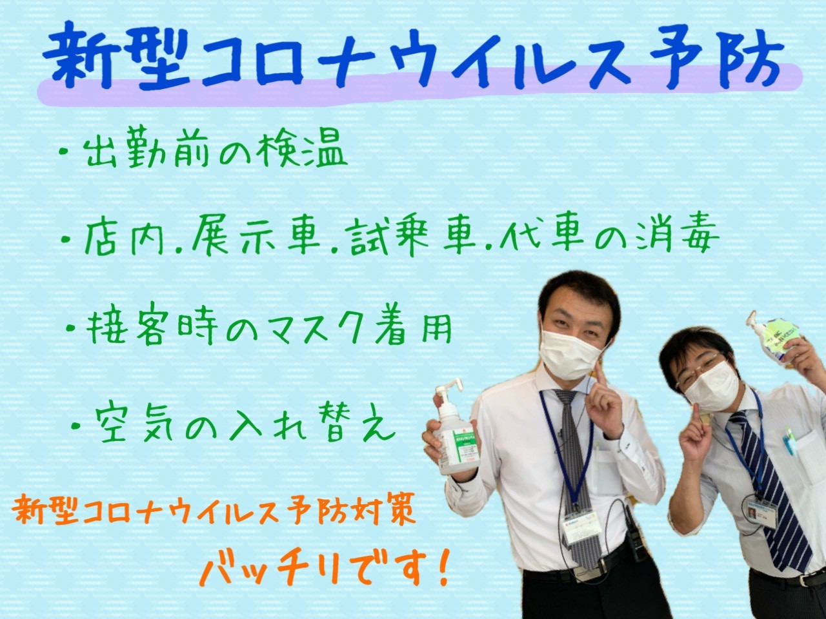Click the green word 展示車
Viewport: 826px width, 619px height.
click(x=256, y=237)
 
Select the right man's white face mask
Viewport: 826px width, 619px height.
click(x=711, y=386)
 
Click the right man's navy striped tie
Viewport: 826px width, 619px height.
click(x=771, y=489)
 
